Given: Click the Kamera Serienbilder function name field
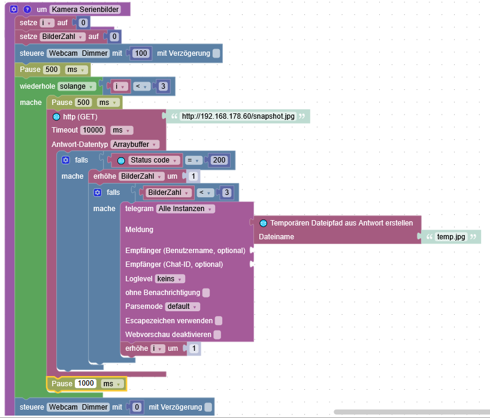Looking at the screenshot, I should [x=85, y=10].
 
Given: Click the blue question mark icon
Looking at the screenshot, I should [x=26, y=10].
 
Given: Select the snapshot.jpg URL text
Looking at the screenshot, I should [x=238, y=116].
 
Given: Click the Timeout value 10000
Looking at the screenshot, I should [x=93, y=130].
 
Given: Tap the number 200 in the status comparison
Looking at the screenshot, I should [x=219, y=160].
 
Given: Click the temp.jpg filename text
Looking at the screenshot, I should [x=450, y=237].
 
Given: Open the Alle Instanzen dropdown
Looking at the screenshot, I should [x=186, y=209].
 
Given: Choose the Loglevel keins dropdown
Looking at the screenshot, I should [x=170, y=279].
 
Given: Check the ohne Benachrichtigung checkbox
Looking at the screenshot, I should [x=206, y=293].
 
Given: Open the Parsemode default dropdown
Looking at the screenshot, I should [x=182, y=306].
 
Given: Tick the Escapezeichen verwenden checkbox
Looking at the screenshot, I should [x=219, y=320].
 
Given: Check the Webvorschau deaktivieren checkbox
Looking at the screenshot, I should [x=217, y=335].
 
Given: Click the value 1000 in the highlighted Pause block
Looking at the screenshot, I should [x=85, y=384].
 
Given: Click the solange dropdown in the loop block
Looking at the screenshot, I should [x=76, y=86].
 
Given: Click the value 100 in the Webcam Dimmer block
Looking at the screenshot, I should [x=141, y=53].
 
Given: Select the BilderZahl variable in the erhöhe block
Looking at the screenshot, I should [x=142, y=176].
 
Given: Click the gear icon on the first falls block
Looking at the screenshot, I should [x=66, y=160].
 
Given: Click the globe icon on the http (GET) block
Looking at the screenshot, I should [x=56, y=116].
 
